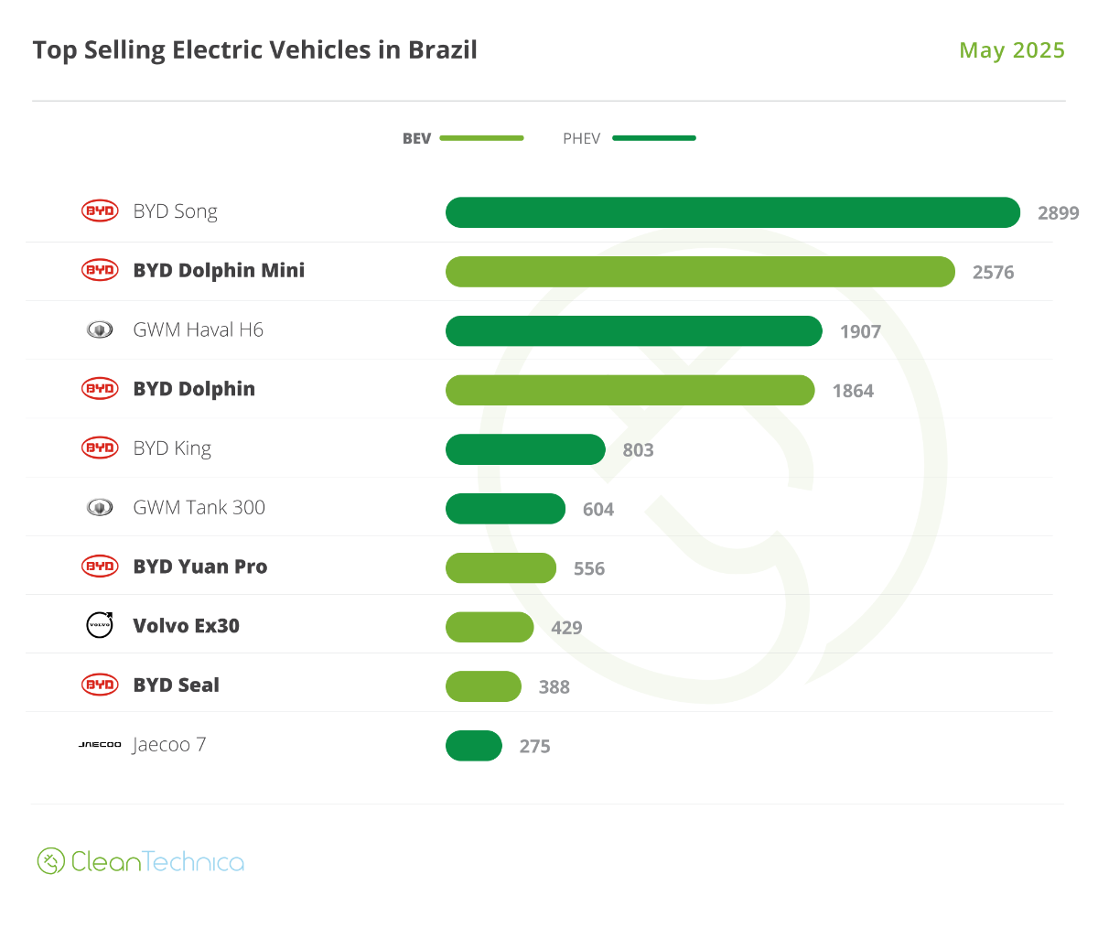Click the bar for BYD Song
pyautogui.click(x=732, y=212)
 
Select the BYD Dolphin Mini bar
pyautogui.click(x=700, y=272)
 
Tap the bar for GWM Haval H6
pyautogui.click(x=633, y=331)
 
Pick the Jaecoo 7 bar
pyautogui.click(x=474, y=746)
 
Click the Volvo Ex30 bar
pyautogui.click(x=490, y=627)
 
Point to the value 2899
pyautogui.click(x=1058, y=213)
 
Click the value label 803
pyautogui.click(x=638, y=450)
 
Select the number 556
pyautogui.click(x=589, y=568)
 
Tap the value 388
pyautogui.click(x=554, y=687)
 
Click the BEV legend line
pyautogui.click(x=481, y=138)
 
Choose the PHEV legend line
pyautogui.click(x=653, y=138)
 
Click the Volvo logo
pyautogui.click(x=100, y=625)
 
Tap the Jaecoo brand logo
pyautogui.click(x=100, y=745)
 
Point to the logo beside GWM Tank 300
pyautogui.click(x=100, y=507)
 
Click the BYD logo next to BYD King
pyautogui.click(x=100, y=448)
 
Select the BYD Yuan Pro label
pyautogui.click(x=200, y=567)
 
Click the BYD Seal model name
pyautogui.click(x=177, y=685)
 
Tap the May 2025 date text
pyautogui.click(x=1011, y=50)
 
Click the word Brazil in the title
pyautogui.click(x=443, y=49)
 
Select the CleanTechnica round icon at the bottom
pyautogui.click(x=50, y=861)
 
